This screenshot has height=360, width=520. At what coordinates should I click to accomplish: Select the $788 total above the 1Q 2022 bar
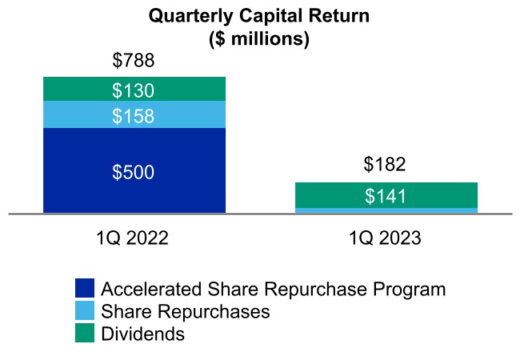coord(134,61)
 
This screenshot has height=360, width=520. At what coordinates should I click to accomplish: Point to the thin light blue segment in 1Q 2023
coord(386,211)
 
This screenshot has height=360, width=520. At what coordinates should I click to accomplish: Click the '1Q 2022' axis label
coord(134,238)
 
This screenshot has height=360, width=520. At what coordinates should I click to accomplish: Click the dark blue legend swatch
coord(85,289)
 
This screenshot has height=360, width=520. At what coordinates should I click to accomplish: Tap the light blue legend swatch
coord(85,311)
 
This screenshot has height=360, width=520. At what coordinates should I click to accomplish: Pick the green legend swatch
coord(85,334)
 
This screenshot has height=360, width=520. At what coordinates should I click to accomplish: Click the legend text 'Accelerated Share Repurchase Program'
coord(273,289)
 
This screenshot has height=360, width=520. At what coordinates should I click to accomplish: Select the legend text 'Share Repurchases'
coord(185,311)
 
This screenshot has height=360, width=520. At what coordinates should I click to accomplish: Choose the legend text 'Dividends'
coord(142,334)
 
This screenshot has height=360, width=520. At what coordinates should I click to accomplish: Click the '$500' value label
coord(134,172)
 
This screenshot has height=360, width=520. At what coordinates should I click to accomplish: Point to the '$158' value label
coord(134,116)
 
